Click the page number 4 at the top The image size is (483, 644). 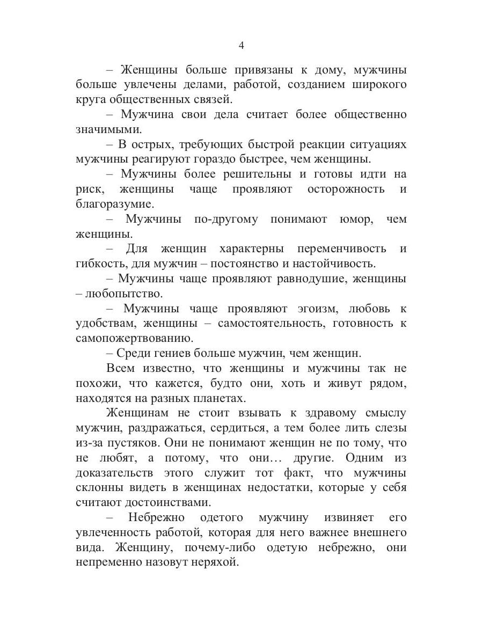241,46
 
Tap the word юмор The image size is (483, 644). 355,219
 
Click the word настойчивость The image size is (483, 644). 336,264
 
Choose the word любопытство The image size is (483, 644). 115,294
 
